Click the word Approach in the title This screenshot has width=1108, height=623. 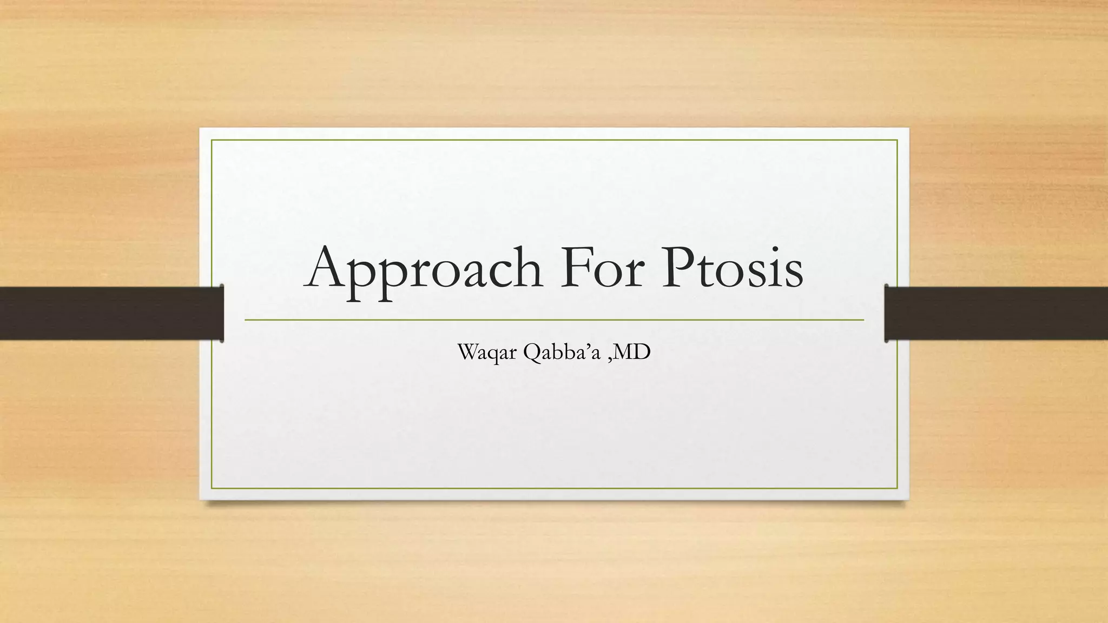(424, 269)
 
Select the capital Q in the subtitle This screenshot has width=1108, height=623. (531, 353)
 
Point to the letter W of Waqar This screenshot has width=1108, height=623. (469, 352)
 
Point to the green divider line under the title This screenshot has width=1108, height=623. (554, 320)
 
